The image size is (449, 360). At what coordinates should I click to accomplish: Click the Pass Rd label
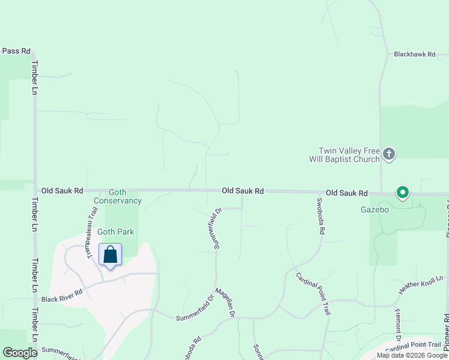tap(16, 51)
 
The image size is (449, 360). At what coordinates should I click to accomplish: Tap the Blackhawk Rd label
tap(414, 54)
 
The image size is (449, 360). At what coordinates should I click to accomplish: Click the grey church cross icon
tap(388, 155)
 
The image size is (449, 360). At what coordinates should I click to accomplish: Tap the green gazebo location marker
tap(402, 193)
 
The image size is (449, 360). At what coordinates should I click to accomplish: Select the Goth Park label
tap(115, 232)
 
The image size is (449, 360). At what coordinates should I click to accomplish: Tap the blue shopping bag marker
tap(110, 255)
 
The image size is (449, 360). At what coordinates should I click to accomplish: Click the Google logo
tap(20, 353)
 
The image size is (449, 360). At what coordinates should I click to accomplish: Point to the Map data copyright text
tap(411, 355)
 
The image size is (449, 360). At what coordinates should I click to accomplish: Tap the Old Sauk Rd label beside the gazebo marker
tap(346, 193)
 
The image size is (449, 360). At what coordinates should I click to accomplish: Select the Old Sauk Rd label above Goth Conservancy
tap(62, 191)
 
